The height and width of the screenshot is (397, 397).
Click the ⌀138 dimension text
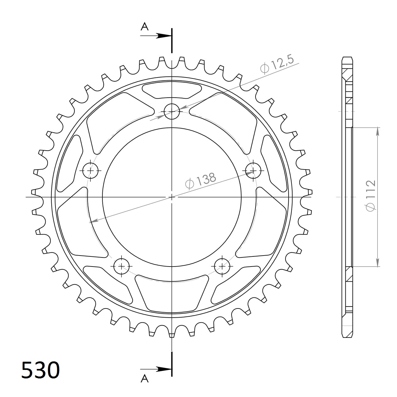201,181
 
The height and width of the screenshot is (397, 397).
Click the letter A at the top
144,27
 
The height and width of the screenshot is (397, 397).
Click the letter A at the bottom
144,378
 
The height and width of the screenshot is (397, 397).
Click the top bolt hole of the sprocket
172,111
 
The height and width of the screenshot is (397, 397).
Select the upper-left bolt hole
91,170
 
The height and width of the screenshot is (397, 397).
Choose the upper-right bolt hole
254,170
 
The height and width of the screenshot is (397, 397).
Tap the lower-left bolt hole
121,267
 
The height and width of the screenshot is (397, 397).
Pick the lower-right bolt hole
222,267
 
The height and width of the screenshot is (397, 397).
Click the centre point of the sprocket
172,197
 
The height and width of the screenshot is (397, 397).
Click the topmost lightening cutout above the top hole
172,90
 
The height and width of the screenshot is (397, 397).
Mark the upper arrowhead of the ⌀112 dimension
377,132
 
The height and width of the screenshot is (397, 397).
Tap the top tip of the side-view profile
347,58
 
